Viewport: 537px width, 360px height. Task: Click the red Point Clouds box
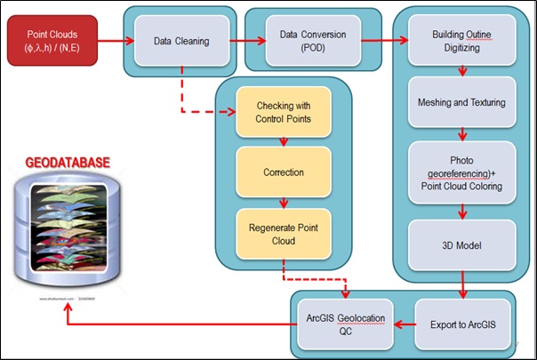click(x=45, y=40)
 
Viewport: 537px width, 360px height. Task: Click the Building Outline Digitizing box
click(x=461, y=40)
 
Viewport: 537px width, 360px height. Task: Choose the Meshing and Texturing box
click(x=461, y=102)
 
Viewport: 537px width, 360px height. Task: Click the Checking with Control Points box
click(x=284, y=113)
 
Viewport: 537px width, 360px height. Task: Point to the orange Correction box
click(x=284, y=172)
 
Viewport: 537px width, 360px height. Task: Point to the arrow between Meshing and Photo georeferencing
click(x=461, y=134)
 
